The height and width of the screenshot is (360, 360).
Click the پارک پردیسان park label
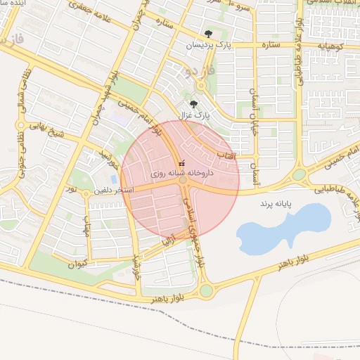click(209, 45)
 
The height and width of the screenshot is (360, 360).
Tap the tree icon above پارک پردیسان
click(208, 34)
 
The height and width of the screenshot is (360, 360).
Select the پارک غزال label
click(197, 114)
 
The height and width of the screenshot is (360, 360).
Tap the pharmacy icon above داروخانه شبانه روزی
click(181, 163)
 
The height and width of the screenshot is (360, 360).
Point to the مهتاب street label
click(88, 223)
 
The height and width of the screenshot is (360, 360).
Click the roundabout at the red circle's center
click(183, 181)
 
